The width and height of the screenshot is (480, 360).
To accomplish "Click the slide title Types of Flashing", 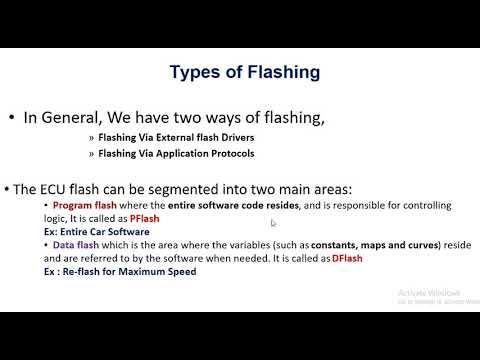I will point(244,72).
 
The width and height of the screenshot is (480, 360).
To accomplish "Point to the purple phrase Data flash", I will point(78,245).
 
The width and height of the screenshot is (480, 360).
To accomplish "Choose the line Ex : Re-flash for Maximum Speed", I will point(112,271).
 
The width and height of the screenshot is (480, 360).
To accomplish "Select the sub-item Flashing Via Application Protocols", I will point(175,154).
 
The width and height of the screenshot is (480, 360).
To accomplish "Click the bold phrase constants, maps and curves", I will point(365,245).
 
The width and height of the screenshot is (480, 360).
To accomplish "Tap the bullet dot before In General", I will point(11,118).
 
